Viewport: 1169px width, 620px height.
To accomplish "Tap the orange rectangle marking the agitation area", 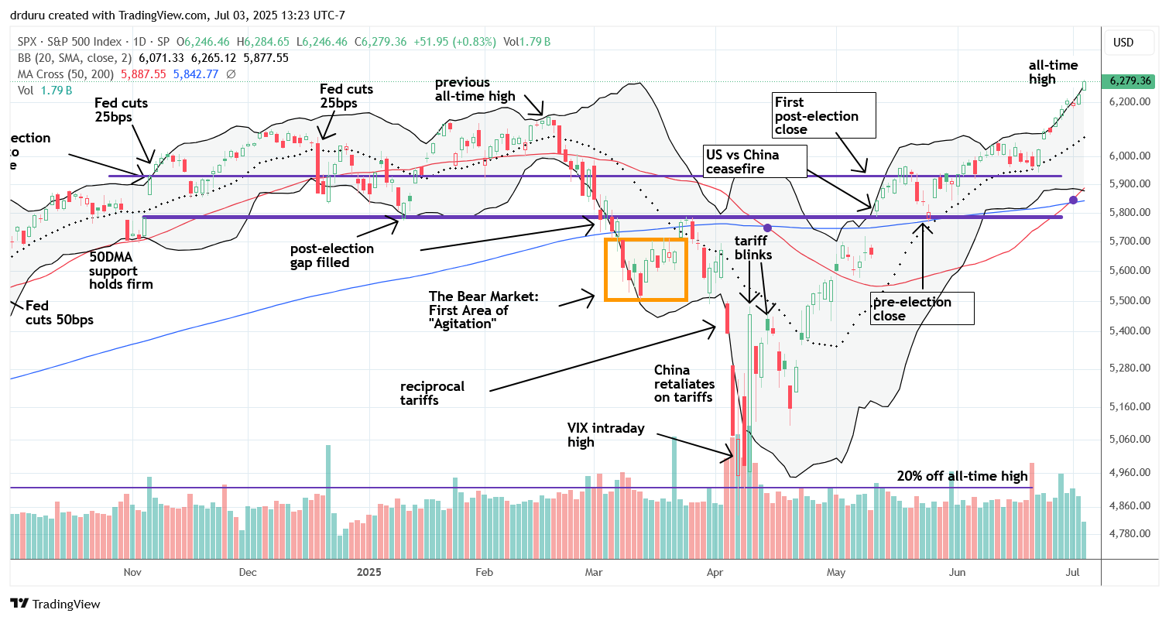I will (645, 269).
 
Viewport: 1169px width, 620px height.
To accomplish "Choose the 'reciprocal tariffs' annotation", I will (432, 393).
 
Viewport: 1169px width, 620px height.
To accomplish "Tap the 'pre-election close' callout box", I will (921, 309).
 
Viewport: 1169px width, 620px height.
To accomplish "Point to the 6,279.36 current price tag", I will (1131, 81).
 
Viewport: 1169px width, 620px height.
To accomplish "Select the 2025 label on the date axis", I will (369, 572).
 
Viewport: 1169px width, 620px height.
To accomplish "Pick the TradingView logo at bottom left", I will (55, 604).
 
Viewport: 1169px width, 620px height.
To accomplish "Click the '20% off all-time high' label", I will (962, 476).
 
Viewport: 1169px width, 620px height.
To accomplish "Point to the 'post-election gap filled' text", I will (332, 256).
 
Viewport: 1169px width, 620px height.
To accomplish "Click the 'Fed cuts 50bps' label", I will (60, 312).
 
